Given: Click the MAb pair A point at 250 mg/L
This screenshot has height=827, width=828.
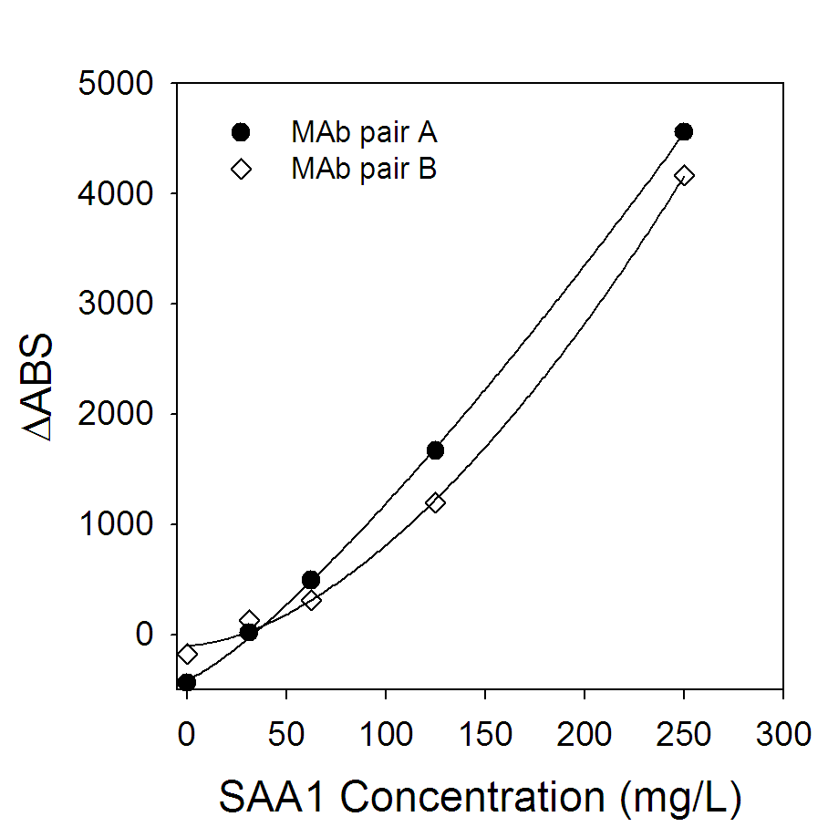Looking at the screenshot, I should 684,132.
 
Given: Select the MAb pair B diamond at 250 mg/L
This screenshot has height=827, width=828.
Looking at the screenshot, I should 684,175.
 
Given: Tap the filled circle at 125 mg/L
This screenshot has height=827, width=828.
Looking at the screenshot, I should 435,450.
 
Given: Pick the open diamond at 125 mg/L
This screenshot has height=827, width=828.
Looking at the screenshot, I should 435,502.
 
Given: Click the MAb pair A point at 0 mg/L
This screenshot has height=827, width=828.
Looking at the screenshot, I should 187,682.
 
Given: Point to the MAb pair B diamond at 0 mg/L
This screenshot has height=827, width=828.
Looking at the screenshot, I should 187,654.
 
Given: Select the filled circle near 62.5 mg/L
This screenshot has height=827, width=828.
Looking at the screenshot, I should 311,580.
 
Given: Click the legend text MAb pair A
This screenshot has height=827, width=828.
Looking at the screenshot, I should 364,133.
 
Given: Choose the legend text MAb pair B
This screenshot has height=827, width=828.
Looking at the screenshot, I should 364,169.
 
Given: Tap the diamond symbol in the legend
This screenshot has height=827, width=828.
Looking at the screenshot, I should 241,169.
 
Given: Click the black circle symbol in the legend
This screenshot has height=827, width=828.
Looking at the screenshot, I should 241,133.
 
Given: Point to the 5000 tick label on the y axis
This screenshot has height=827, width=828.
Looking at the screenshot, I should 116,84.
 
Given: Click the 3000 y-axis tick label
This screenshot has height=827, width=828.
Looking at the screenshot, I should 116,305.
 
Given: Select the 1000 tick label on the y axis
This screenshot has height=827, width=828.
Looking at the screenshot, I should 116,525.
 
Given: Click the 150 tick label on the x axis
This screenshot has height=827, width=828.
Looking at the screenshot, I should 485,734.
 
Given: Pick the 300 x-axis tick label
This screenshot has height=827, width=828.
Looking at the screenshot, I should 783,734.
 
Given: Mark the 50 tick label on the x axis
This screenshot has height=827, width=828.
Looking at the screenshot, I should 286,734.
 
